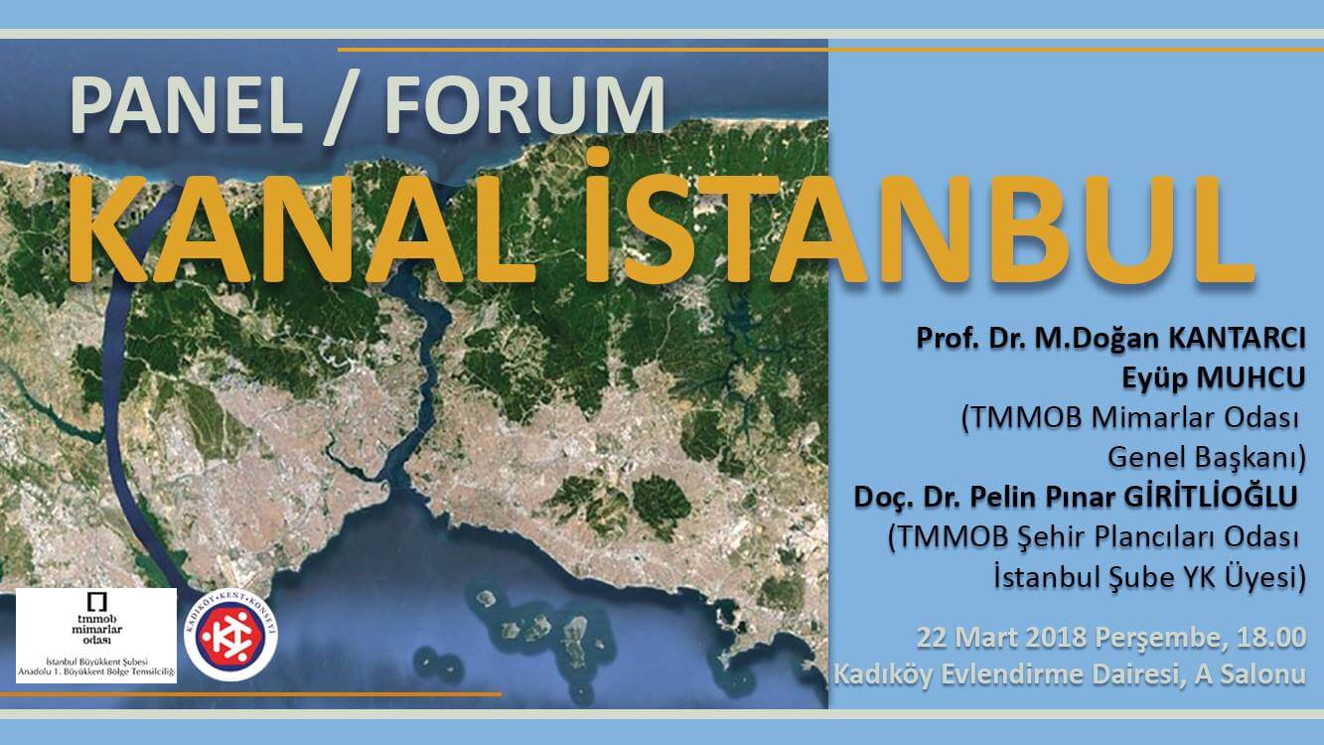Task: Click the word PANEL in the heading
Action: [186, 107]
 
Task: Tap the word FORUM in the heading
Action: [525, 107]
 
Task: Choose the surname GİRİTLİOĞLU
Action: [1210, 498]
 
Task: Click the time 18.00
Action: [1267, 638]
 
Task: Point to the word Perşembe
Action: [1157, 639]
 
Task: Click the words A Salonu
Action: [1250, 675]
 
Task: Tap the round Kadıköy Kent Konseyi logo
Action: [230, 636]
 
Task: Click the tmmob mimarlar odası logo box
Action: [96, 636]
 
